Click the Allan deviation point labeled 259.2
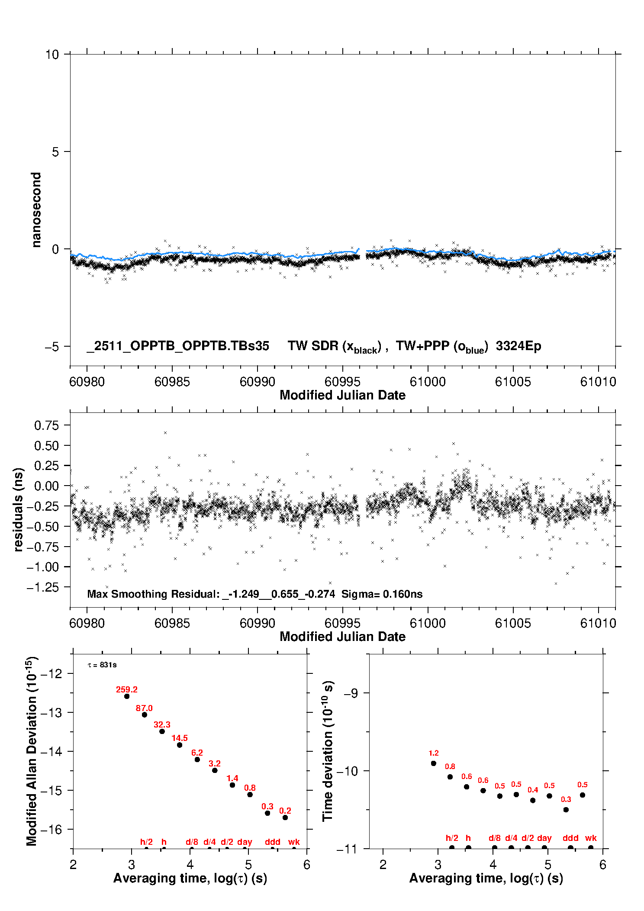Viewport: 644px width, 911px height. pyautogui.click(x=127, y=696)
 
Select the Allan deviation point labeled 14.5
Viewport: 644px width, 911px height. pyautogui.click(x=180, y=745)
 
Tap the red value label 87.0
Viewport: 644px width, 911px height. pyautogui.click(x=144, y=708)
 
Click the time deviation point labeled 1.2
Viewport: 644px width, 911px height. pyautogui.click(x=434, y=763)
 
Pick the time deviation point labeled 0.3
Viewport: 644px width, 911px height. pyautogui.click(x=566, y=810)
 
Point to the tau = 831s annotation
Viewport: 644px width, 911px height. pyautogui.click(x=102, y=665)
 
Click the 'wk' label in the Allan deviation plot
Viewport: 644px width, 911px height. pyautogui.click(x=294, y=842)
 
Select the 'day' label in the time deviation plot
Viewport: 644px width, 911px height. pyautogui.click(x=544, y=838)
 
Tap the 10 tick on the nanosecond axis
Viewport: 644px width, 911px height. pyautogui.click(x=52, y=55)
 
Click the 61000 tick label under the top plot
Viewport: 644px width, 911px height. pyautogui.click(x=428, y=382)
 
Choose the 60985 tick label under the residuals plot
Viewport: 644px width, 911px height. pyautogui.click(x=172, y=623)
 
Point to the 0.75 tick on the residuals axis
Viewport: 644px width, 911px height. pyautogui.click(x=46, y=425)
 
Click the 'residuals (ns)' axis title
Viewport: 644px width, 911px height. pyautogui.click(x=18, y=509)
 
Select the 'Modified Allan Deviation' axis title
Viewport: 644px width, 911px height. pyautogui.click(x=31, y=751)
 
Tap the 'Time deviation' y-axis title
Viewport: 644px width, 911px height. pyautogui.click(x=328, y=751)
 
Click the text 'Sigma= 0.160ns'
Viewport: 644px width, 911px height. pyautogui.click(x=382, y=594)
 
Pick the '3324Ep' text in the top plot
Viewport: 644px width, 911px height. pyautogui.click(x=518, y=346)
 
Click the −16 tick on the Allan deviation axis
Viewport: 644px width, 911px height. pyautogui.click(x=51, y=830)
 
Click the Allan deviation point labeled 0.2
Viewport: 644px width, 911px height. pyautogui.click(x=285, y=818)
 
